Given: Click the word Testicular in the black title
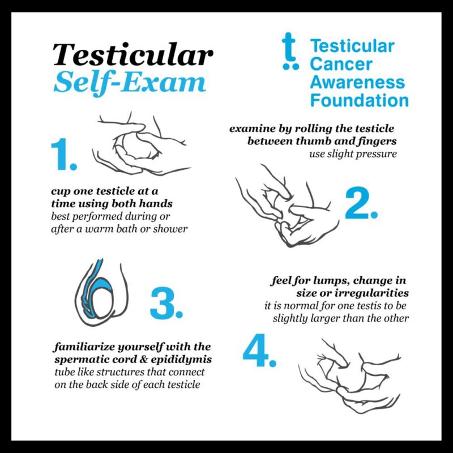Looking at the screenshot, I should (x=134, y=55).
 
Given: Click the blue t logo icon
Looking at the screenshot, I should (x=290, y=51).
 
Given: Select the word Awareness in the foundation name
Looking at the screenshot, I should (x=357, y=82).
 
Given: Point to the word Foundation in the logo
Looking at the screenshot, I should (x=359, y=101).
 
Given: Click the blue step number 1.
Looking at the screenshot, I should (x=63, y=155).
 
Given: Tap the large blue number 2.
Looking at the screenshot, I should (x=361, y=204).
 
